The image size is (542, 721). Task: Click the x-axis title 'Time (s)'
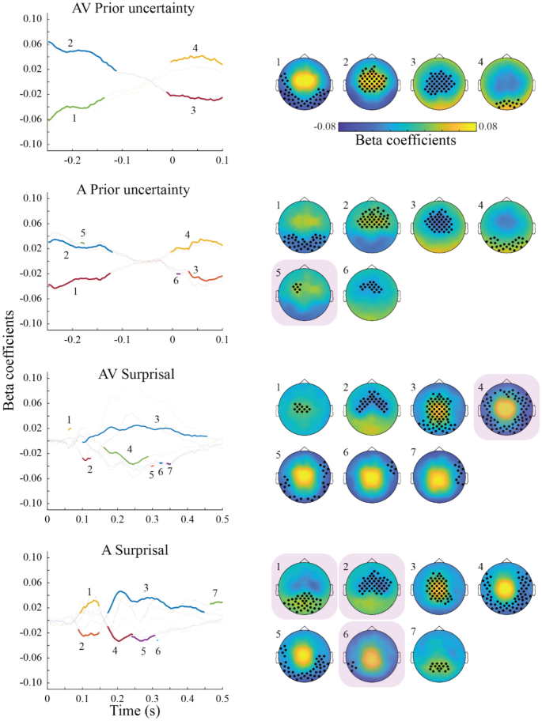pos(138,712)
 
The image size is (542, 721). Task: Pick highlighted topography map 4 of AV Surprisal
pos(506,407)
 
